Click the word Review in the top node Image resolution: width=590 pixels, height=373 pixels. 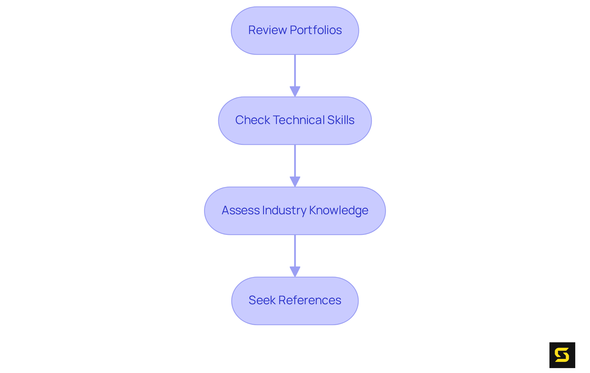tap(267, 30)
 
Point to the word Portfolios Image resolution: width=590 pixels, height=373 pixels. tap(316, 30)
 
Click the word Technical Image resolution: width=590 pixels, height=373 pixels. tap(299, 120)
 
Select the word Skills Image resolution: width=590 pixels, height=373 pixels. tap(341, 120)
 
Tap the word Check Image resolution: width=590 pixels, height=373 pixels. tap(252, 120)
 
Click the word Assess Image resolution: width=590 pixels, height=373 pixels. tap(241, 210)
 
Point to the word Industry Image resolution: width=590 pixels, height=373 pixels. tap(284, 210)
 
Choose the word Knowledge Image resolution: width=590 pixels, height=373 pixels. tap(339, 210)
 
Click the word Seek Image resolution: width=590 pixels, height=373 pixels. tap(262, 300)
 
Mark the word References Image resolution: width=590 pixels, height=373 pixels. tap(310, 300)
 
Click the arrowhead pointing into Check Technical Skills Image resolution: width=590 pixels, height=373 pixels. tap(295, 91)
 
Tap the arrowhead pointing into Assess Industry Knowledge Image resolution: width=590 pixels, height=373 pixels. tap(295, 181)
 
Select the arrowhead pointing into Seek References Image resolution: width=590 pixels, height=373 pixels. tap(295, 271)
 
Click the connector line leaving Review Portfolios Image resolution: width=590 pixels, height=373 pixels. tap(295, 71)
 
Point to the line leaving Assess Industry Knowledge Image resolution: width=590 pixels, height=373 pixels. tap(295, 250)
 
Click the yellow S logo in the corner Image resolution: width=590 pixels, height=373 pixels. tap(562, 355)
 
